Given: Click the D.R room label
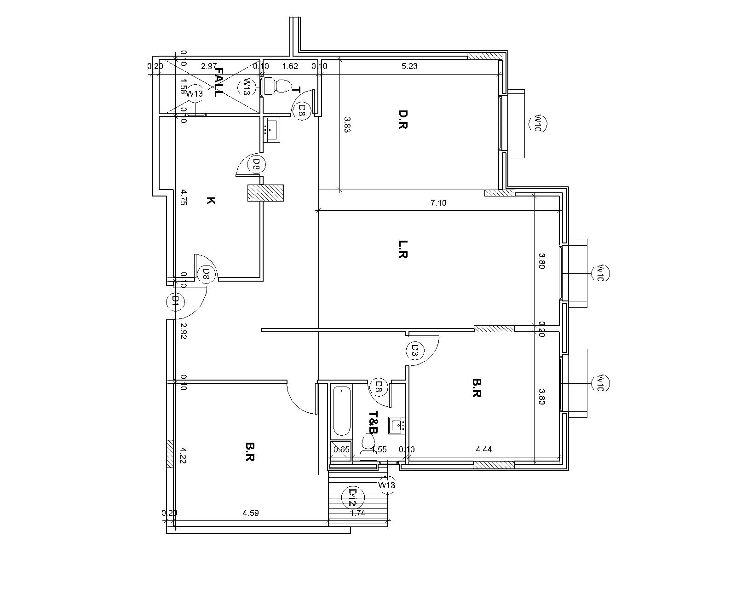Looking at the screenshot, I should pyautogui.click(x=403, y=119).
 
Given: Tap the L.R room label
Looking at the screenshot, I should pyautogui.click(x=403, y=249).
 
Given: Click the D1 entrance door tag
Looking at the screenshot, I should pyautogui.click(x=174, y=301).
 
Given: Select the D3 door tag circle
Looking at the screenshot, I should pyautogui.click(x=414, y=350).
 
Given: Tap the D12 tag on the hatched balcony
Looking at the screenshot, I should pyautogui.click(x=352, y=497).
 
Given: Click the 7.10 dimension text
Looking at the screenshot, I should pyautogui.click(x=438, y=203).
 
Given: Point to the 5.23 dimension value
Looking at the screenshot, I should pyautogui.click(x=409, y=66).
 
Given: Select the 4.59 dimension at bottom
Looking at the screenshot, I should pyautogui.click(x=251, y=513).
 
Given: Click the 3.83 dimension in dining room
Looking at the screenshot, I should pyautogui.click(x=347, y=124).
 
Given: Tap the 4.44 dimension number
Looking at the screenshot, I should pyautogui.click(x=484, y=450).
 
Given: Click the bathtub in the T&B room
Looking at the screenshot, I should pyautogui.click(x=341, y=411).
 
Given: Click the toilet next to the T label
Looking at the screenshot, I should pyautogui.click(x=278, y=86).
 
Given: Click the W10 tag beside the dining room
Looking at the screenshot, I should pyautogui.click(x=536, y=123).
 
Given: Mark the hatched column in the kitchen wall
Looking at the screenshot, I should pyautogui.click(x=265, y=193).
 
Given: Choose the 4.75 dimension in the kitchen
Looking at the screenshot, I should pyautogui.click(x=184, y=197).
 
